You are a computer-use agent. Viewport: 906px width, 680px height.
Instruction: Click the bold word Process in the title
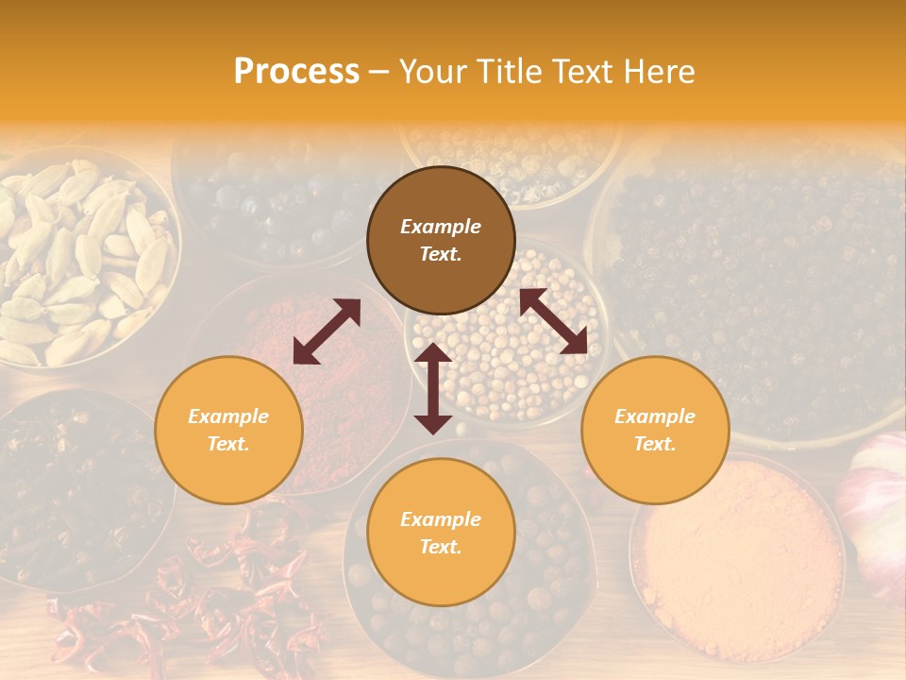click(296, 72)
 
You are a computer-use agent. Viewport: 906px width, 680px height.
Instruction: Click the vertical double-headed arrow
click(433, 388)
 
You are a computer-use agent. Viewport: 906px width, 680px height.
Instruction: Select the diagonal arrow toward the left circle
click(327, 331)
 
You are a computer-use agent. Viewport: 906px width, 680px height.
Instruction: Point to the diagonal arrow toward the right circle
click(554, 321)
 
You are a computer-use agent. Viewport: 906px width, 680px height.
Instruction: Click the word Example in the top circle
click(441, 227)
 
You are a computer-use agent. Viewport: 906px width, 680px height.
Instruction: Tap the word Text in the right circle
click(655, 444)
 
